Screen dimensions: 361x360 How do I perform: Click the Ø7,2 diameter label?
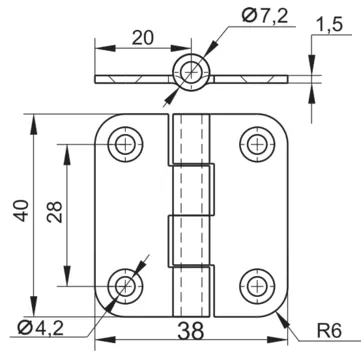[x=264, y=15]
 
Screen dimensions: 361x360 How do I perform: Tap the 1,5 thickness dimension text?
[x=329, y=25]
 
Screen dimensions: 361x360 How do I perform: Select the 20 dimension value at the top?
[x=143, y=38]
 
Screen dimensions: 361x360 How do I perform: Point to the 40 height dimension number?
[x=21, y=210]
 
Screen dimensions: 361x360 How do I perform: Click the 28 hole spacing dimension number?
[x=55, y=212]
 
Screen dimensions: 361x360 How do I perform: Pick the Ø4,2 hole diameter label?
[x=40, y=329]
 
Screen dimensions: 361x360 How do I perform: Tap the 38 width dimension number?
[x=190, y=331]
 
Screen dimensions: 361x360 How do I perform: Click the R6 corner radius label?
[x=329, y=331]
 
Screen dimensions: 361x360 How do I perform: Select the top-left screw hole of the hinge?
[x=125, y=144]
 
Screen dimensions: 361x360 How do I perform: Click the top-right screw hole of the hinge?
[x=257, y=144]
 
